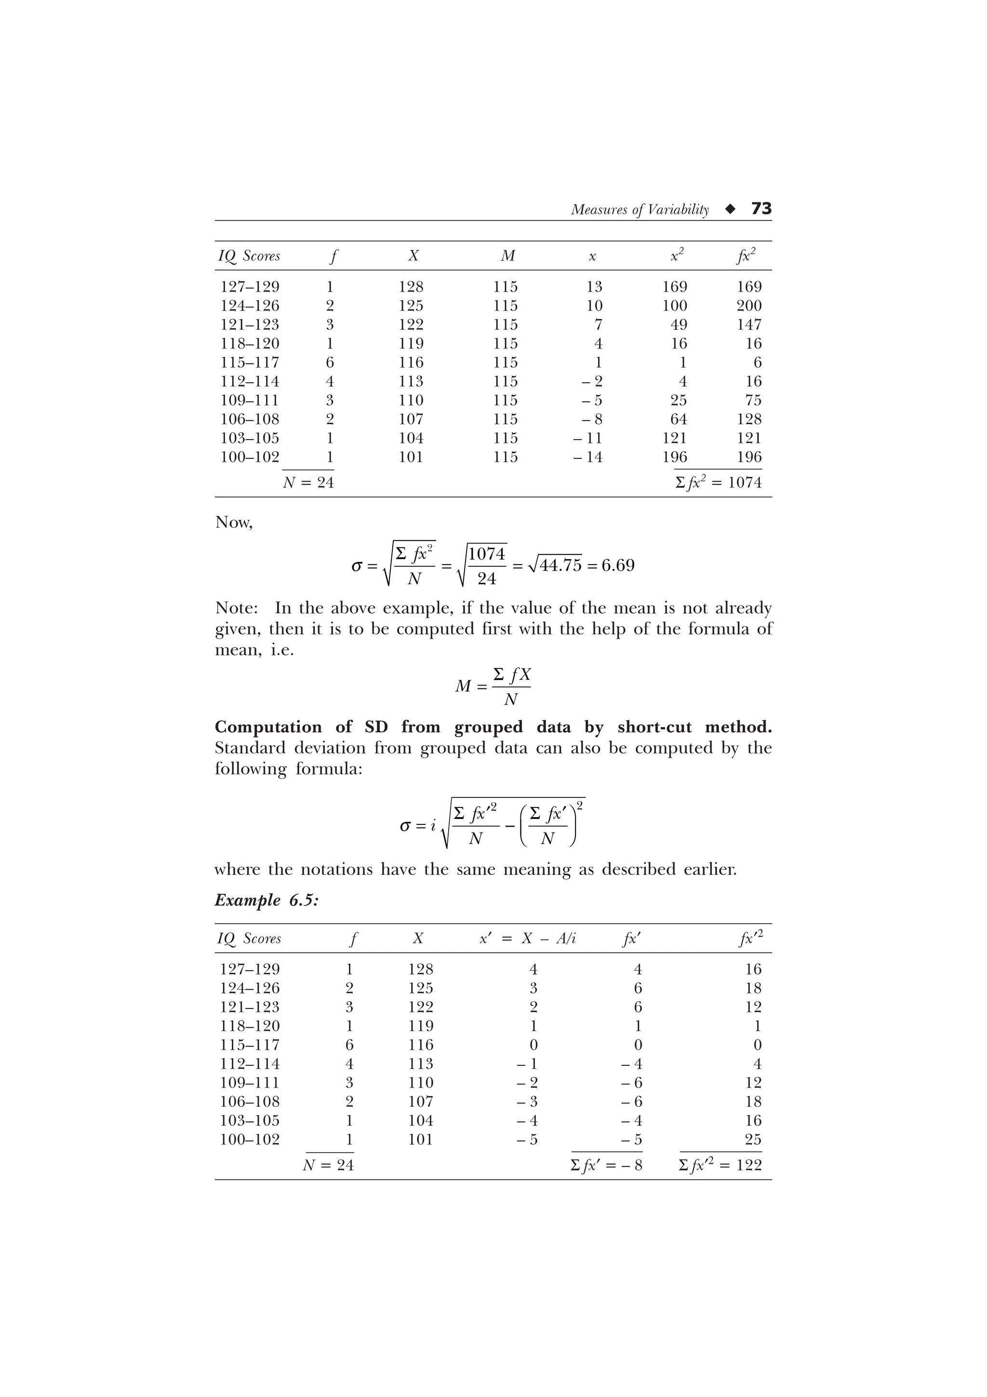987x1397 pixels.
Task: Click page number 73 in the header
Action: coord(761,209)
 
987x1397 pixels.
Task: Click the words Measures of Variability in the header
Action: coord(640,210)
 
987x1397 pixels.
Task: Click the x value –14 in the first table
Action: coord(588,457)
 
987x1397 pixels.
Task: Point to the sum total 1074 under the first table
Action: coord(745,483)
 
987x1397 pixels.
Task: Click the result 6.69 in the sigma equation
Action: coord(618,565)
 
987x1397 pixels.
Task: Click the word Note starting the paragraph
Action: coord(236,608)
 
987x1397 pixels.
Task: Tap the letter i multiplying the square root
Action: coord(434,826)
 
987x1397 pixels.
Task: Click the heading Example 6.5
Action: coord(267,900)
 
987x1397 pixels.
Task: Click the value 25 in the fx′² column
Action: coord(753,1140)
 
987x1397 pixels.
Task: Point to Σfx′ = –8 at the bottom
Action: coord(606,1165)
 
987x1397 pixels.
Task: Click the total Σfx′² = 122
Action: coord(720,1165)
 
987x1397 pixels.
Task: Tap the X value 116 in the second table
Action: coord(420,1045)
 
